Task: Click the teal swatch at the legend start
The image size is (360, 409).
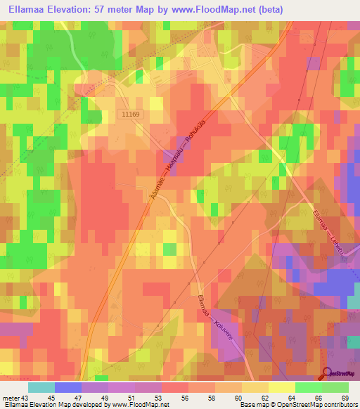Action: (41, 387)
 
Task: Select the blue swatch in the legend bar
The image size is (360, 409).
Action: (68, 387)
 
